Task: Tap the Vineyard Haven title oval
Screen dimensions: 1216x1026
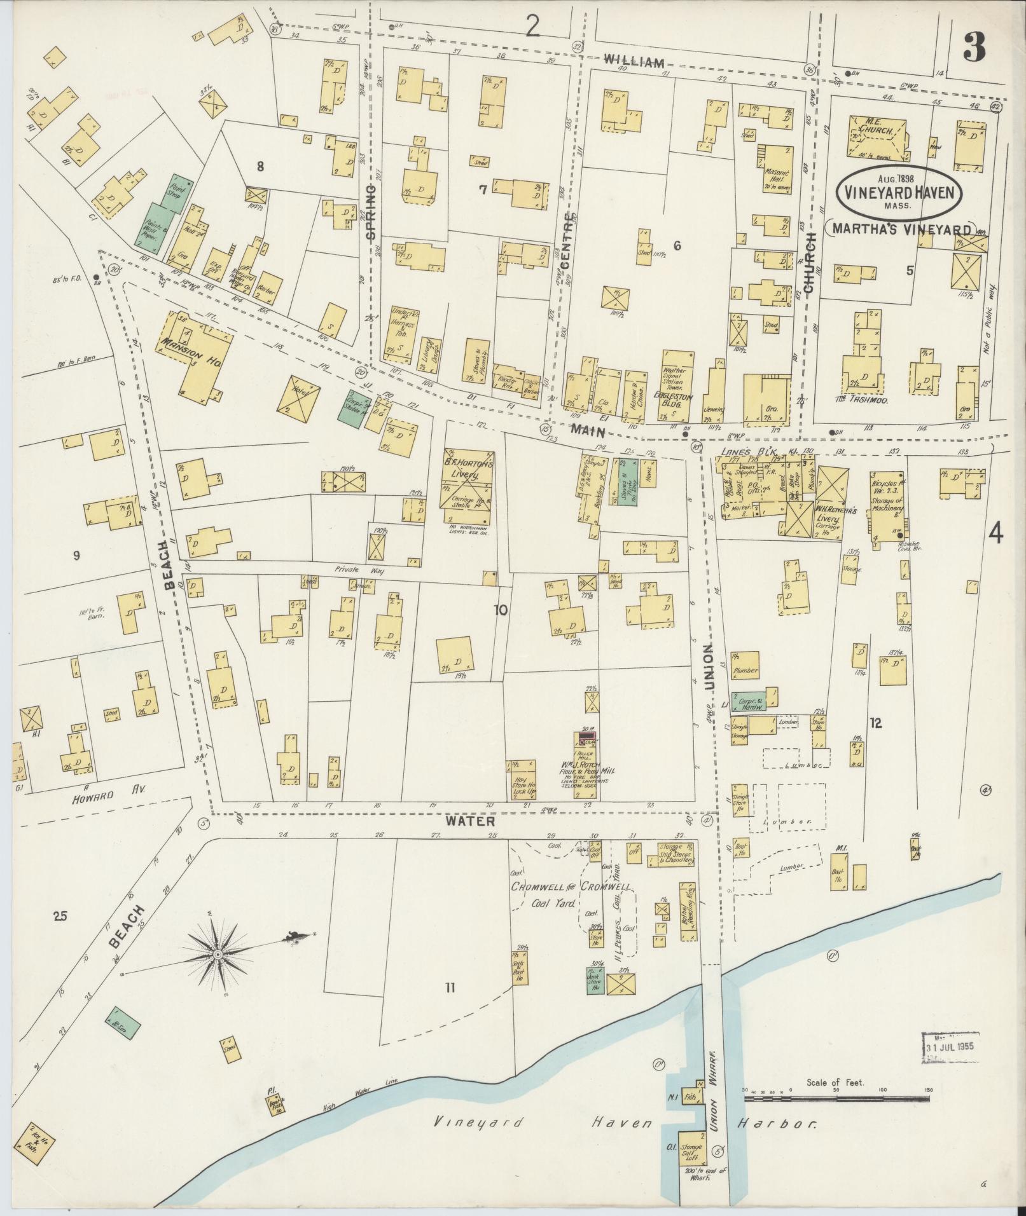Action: (x=899, y=191)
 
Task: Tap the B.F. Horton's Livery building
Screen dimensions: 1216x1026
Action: (x=468, y=487)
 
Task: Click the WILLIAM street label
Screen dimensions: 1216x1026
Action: (x=634, y=61)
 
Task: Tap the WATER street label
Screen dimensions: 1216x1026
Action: (x=469, y=821)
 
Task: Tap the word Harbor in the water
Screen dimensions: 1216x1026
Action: (x=776, y=1124)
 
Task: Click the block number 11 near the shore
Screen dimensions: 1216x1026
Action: (x=450, y=1005)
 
